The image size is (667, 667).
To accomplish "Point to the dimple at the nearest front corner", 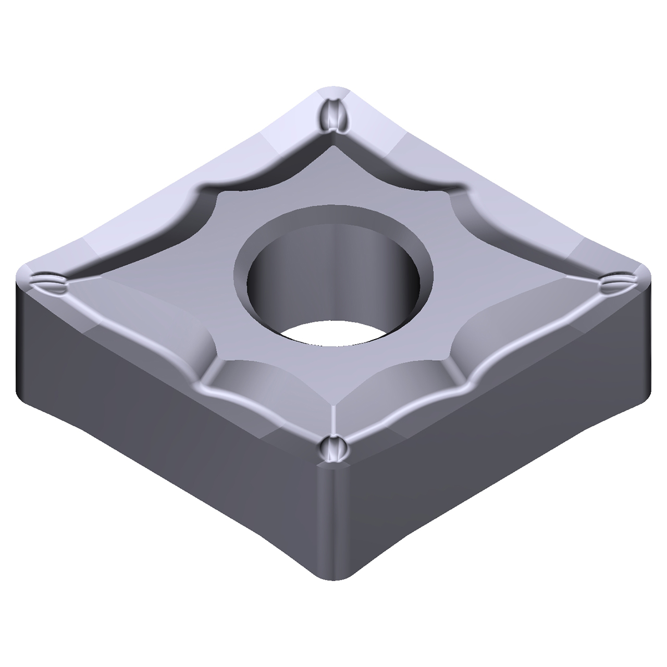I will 333,449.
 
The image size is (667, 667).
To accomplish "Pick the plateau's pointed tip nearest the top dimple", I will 333,149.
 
